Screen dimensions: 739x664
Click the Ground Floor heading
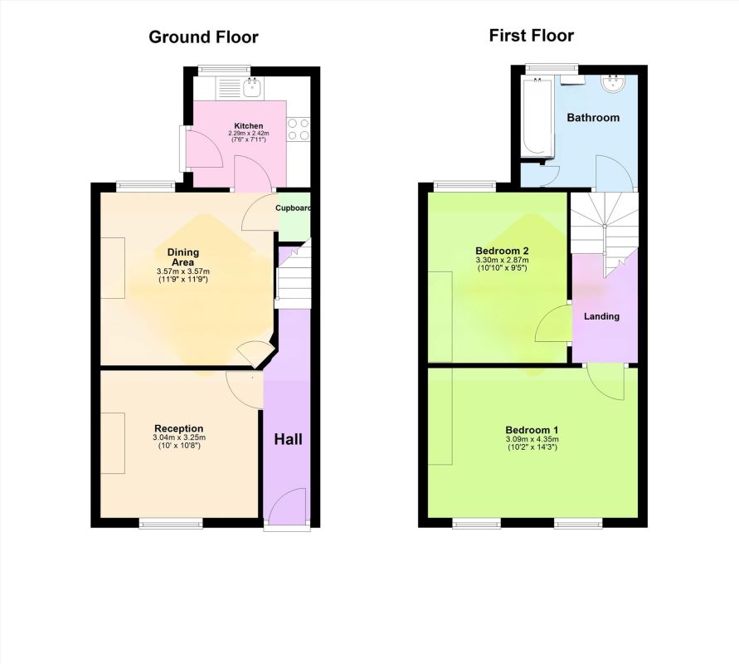coord(203,37)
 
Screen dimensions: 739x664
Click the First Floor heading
coord(531,36)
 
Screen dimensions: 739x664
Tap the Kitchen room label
coord(248,126)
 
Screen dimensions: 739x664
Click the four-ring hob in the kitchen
coord(299,129)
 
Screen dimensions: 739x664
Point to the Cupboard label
coord(293,208)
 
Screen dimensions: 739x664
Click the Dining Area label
coord(182,257)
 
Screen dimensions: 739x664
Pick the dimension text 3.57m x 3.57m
coord(182,271)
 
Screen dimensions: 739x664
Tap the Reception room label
coord(179,428)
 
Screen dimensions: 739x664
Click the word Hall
coord(288,440)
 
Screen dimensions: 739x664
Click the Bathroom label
coord(593,117)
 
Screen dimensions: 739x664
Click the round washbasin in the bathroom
coord(613,84)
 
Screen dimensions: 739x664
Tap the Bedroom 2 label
coord(502,251)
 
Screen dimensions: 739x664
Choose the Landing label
coord(601,316)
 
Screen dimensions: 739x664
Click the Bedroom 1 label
coord(532,430)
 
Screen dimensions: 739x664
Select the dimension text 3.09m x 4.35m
coord(532,439)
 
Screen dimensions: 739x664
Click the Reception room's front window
coord(171,523)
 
